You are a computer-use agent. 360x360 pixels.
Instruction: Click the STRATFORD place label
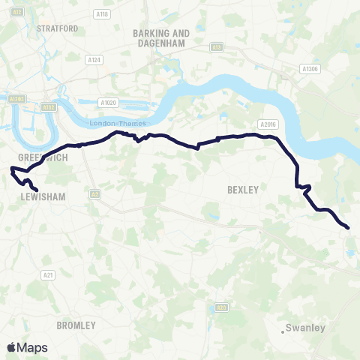[x=57, y=28]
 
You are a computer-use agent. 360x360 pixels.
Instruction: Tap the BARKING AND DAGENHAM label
[x=160, y=37]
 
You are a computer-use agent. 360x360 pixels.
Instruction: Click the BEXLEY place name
[x=242, y=190]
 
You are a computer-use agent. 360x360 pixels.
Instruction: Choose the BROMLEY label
[x=76, y=325]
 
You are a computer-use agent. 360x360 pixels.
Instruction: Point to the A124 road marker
[x=93, y=59]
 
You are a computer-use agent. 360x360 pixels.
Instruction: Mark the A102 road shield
[x=49, y=107]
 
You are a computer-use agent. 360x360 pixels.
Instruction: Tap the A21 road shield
[x=49, y=275]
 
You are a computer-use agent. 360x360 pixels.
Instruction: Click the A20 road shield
[x=220, y=307]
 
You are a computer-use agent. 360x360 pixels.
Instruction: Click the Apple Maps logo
[x=28, y=347]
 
